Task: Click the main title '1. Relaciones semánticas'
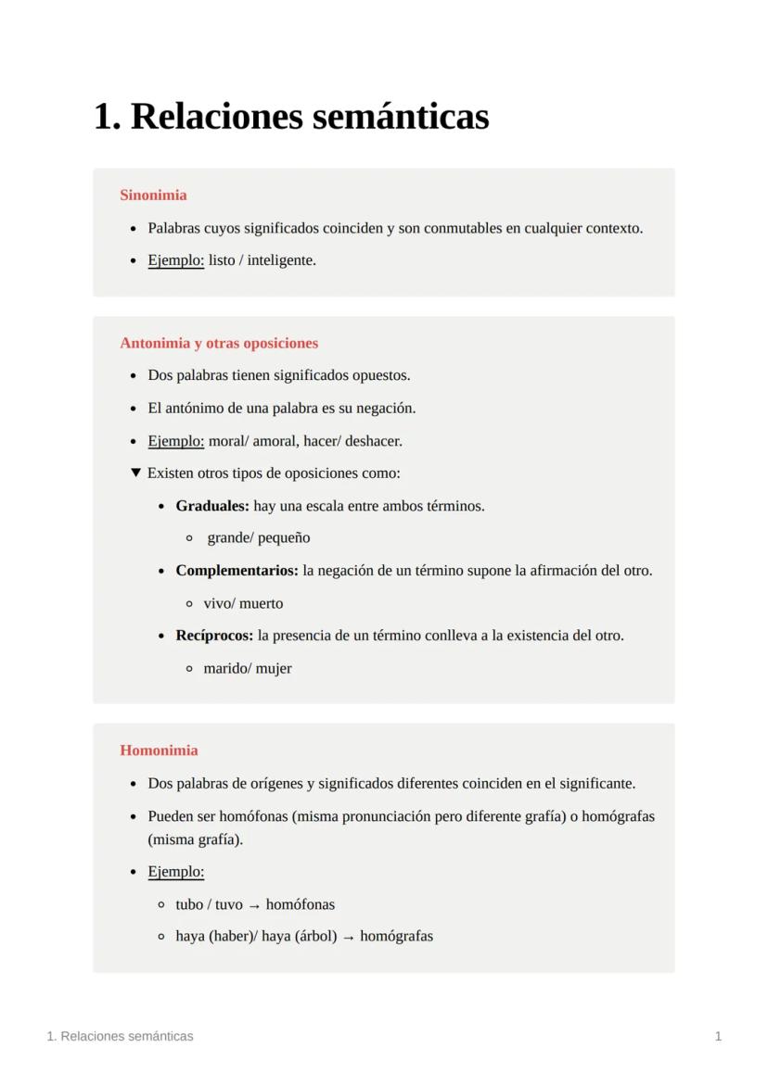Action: click(291, 117)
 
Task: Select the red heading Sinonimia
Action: click(153, 195)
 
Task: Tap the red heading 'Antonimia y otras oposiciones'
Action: click(219, 343)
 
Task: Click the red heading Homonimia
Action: click(159, 751)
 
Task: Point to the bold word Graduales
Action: click(212, 506)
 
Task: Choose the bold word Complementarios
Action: click(237, 571)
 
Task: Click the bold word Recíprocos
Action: click(214, 636)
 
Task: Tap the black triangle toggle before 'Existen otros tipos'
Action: click(135, 473)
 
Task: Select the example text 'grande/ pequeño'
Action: click(258, 538)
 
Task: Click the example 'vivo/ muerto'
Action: click(243, 603)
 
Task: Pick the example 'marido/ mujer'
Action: click(248, 668)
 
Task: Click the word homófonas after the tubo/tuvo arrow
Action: click(301, 904)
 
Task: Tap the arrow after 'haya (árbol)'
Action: click(349, 937)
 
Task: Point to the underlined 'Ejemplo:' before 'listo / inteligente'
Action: click(175, 260)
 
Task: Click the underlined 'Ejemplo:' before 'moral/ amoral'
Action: click(175, 441)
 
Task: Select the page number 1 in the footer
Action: click(718, 1036)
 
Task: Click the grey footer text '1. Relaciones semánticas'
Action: click(120, 1036)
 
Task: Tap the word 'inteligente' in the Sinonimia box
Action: click(281, 260)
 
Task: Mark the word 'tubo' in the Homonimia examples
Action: click(189, 904)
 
